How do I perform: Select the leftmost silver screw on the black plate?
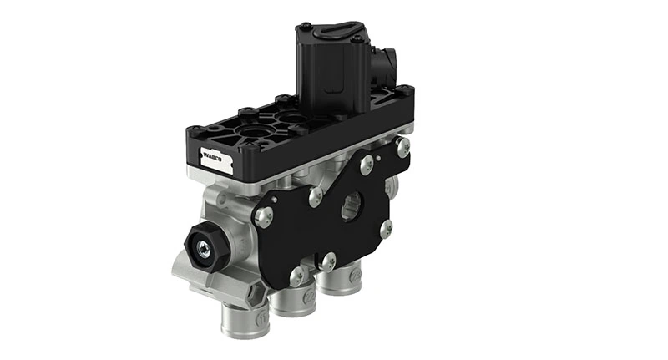(x=263, y=215)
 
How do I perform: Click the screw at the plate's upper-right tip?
(x=404, y=147)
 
